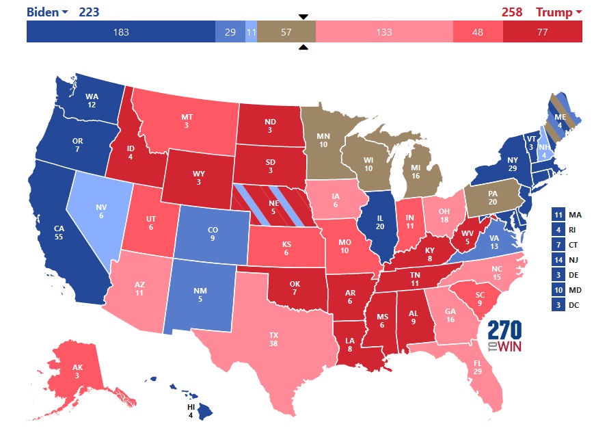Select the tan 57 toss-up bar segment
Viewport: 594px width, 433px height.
(286, 32)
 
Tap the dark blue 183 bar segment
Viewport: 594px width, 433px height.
(120, 32)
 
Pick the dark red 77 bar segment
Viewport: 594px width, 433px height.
(542, 32)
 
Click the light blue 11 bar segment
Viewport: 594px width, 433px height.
(251, 32)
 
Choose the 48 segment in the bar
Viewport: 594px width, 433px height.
(477, 32)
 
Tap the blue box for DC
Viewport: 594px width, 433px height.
(558, 305)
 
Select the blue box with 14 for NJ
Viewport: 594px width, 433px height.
(558, 260)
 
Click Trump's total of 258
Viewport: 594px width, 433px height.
(512, 12)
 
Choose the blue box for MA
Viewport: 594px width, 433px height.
(558, 215)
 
